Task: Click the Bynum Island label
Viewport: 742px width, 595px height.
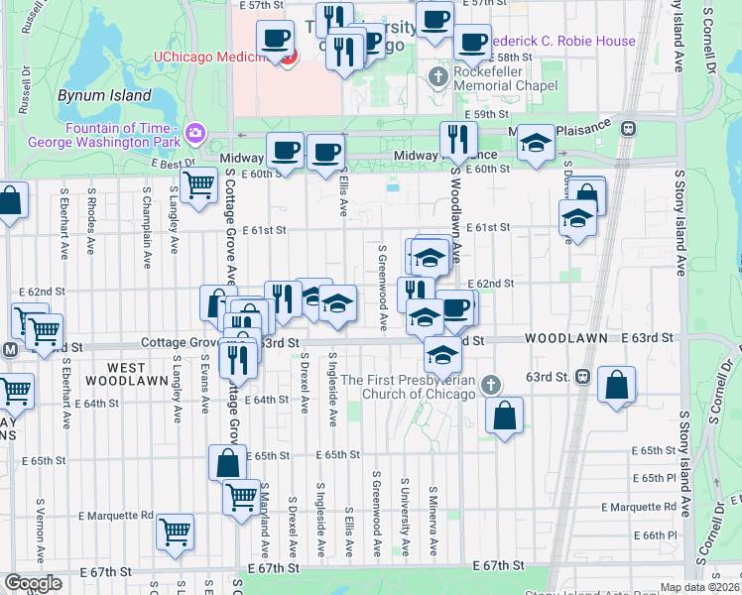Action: point(104,96)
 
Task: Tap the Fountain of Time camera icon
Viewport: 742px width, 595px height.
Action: point(195,132)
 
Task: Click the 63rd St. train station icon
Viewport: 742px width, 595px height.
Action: point(582,377)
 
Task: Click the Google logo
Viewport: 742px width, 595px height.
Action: point(33,582)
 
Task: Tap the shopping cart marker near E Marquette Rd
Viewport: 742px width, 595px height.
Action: point(176,531)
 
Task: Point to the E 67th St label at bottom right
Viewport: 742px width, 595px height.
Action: point(498,565)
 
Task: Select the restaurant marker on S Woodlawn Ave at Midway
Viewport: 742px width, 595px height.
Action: point(456,139)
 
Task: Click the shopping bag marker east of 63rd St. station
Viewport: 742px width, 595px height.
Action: point(617,385)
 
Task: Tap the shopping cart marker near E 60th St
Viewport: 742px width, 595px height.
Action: point(199,184)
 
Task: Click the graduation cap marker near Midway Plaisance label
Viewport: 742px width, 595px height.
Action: point(536,143)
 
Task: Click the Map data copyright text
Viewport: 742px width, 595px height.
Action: point(698,587)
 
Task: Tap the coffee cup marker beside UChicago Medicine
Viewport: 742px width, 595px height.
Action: point(275,40)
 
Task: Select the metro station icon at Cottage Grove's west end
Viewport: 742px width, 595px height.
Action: point(10,349)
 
